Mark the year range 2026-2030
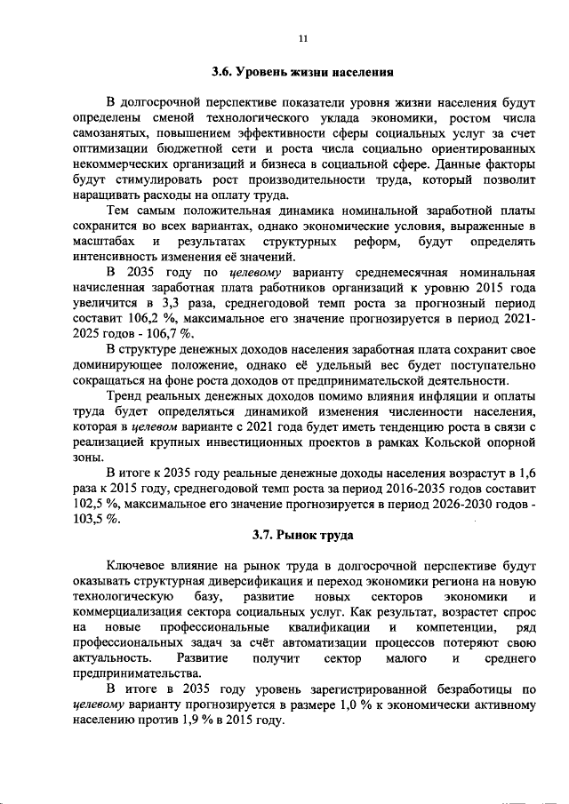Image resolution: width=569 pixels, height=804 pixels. click(x=481, y=504)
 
